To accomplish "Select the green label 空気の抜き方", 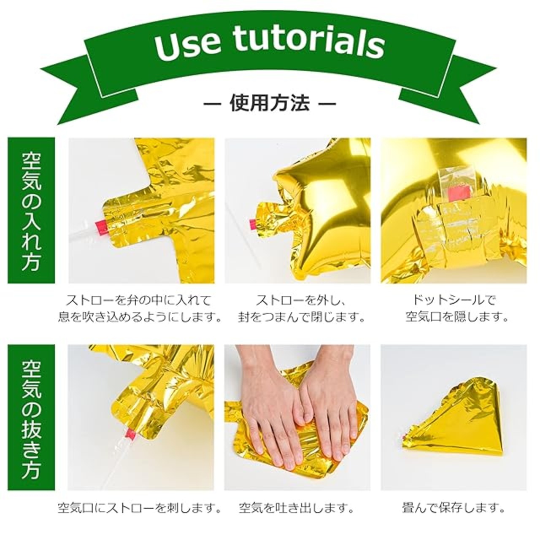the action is click(x=31, y=418).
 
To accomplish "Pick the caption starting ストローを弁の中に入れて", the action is click(x=140, y=308).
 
